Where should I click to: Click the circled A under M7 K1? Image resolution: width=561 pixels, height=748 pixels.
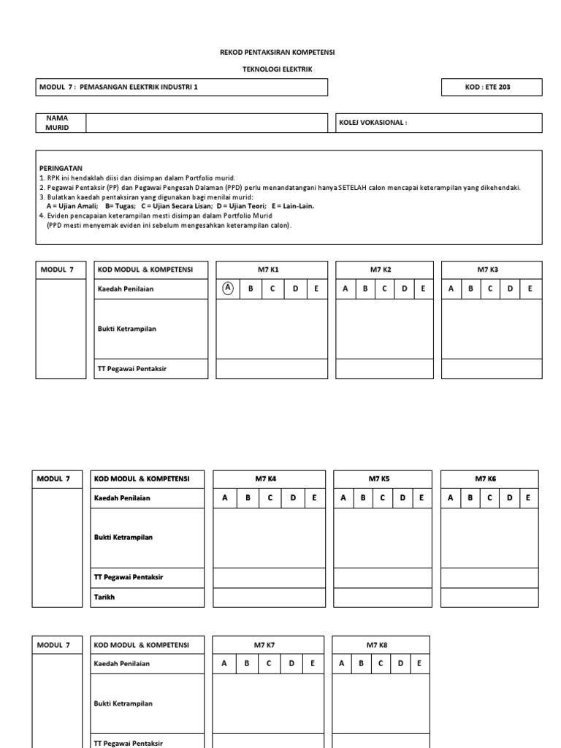coord(228,288)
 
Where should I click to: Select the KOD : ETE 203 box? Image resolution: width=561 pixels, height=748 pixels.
coord(492,87)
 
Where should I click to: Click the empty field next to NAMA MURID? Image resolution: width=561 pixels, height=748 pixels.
coord(207,123)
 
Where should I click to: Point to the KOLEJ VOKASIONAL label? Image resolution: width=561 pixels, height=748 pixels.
coord(373,123)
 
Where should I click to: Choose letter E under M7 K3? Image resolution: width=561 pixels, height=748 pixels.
coord(530,289)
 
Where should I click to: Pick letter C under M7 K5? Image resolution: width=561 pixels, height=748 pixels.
coord(383,497)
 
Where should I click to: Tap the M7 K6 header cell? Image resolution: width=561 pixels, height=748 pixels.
coord(490,478)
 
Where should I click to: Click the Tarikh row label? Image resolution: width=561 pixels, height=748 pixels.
coord(104,597)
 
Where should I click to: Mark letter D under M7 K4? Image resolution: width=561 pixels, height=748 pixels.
coord(292,497)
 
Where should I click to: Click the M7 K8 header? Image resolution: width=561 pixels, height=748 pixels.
coord(381,645)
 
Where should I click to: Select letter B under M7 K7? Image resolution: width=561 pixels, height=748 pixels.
coord(248,664)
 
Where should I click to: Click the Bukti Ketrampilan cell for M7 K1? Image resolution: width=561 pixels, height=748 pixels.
coord(272,329)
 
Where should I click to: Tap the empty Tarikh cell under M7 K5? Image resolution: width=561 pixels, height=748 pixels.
coord(383,597)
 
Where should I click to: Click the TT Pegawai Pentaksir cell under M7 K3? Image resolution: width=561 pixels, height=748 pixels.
coord(492,369)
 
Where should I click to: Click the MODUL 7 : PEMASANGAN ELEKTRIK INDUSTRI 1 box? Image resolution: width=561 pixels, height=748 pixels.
coord(182,87)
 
